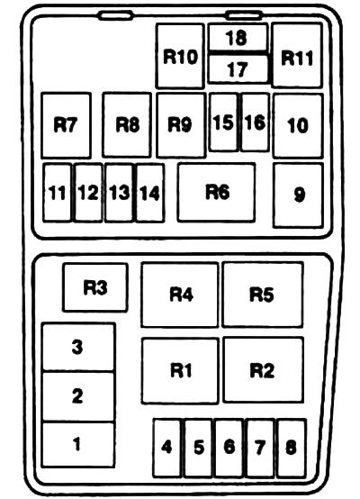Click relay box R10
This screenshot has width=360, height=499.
tap(180, 56)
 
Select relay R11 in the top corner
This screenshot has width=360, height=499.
tap(297, 55)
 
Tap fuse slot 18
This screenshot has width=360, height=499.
tap(238, 37)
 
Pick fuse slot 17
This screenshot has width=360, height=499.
tap(238, 69)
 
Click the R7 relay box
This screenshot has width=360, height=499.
tap(66, 125)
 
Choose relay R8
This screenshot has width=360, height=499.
tap(127, 124)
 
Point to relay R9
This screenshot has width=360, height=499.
tap(181, 125)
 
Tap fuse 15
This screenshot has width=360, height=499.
tap(223, 122)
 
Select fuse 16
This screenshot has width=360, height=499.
tap(255, 122)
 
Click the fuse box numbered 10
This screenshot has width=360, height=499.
tap(298, 126)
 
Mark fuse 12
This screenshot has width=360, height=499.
tap(88, 192)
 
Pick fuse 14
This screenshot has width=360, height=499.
tap(150, 193)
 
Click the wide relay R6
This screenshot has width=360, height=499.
tap(216, 192)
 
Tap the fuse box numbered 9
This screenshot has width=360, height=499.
tap(298, 195)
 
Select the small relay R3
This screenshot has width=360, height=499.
tap(95, 287)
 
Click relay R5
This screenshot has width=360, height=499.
tap(263, 295)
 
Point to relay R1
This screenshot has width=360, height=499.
tap(180, 371)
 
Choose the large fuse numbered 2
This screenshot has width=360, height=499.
tap(78, 396)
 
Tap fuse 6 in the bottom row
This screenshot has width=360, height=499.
tap(229, 448)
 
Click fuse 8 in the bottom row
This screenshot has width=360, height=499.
tap(292, 448)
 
